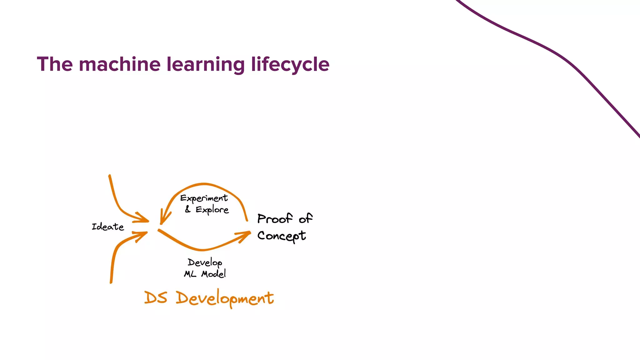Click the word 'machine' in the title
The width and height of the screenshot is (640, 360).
120,64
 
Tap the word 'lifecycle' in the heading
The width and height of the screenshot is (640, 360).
290,65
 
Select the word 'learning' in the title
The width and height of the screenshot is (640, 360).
206,65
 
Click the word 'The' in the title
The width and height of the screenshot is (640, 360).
55,64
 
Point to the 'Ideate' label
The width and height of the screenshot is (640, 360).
108,227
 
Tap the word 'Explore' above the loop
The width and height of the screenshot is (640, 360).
212,210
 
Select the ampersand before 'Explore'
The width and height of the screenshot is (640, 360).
188,209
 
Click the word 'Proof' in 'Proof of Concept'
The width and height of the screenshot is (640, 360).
275,219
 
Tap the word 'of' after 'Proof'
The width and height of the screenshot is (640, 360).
305,218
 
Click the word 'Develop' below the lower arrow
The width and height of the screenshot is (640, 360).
205,262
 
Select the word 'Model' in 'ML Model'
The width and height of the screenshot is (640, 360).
213,274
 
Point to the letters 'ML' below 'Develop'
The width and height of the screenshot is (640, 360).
190,274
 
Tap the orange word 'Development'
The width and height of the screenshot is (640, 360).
225,298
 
